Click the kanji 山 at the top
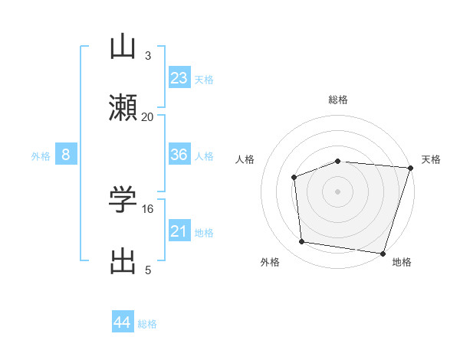pyautogui.click(x=123, y=47)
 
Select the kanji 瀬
pyautogui.click(x=123, y=108)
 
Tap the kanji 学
pyautogui.click(x=123, y=200)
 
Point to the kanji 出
pyautogui.click(x=123, y=261)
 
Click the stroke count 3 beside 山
pyautogui.click(x=147, y=55)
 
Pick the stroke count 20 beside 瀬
pyautogui.click(x=147, y=116)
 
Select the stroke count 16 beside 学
pyautogui.click(x=148, y=208)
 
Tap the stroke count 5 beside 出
pyautogui.click(x=147, y=270)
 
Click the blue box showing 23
pyautogui.click(x=179, y=78)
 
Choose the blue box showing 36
pyautogui.click(x=179, y=155)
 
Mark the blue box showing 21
pyautogui.click(x=179, y=231)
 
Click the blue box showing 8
pyautogui.click(x=66, y=155)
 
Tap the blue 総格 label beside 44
pyautogui.click(x=147, y=324)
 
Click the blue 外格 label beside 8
pyautogui.click(x=41, y=156)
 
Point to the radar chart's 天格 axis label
pyautogui.click(x=431, y=159)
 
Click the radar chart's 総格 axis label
pyautogui.click(x=337, y=100)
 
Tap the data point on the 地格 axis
pyautogui.click(x=382, y=253)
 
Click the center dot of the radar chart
pyautogui.click(x=337, y=191)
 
